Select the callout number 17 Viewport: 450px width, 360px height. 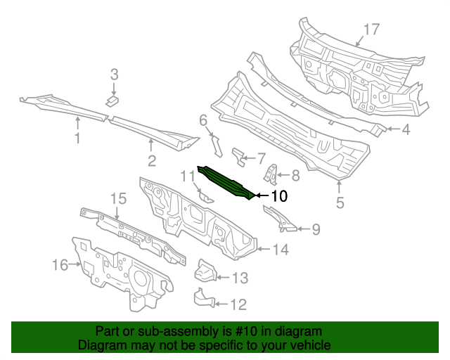[x=371, y=29]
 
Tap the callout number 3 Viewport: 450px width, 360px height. [x=114, y=74]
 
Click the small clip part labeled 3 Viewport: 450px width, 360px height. [x=111, y=101]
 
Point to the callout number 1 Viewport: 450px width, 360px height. [x=77, y=139]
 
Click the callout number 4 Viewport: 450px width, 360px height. [x=406, y=129]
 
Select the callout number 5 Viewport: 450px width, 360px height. [x=340, y=204]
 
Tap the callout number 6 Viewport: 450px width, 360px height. [x=202, y=120]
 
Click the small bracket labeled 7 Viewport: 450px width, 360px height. [x=240, y=156]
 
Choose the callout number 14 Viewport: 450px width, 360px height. [x=281, y=248]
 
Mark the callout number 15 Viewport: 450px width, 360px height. [x=117, y=199]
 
